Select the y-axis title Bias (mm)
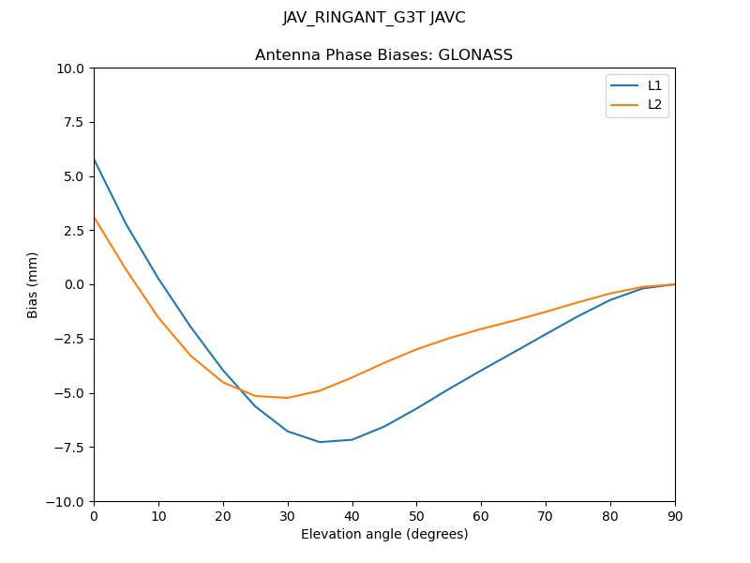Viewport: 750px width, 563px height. click(33, 284)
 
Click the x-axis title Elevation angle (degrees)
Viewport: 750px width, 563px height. click(384, 535)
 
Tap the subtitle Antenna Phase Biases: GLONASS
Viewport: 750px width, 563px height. click(384, 55)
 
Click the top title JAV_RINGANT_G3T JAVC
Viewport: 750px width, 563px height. click(374, 18)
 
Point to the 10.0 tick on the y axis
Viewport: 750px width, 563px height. click(72, 68)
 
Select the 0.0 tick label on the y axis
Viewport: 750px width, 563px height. click(75, 284)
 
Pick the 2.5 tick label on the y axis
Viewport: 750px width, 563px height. click(75, 231)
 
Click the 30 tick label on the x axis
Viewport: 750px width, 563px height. click(288, 515)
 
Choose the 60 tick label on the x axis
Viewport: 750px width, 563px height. click(481, 515)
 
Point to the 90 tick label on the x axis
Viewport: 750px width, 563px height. click(675, 515)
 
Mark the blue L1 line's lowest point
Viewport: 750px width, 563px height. click(320, 442)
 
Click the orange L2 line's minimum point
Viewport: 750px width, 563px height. click(288, 398)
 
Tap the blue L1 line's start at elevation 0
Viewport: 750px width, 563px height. click(95, 160)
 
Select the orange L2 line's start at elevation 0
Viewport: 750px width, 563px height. click(95, 218)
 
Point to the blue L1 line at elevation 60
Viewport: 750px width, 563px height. click(481, 371)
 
